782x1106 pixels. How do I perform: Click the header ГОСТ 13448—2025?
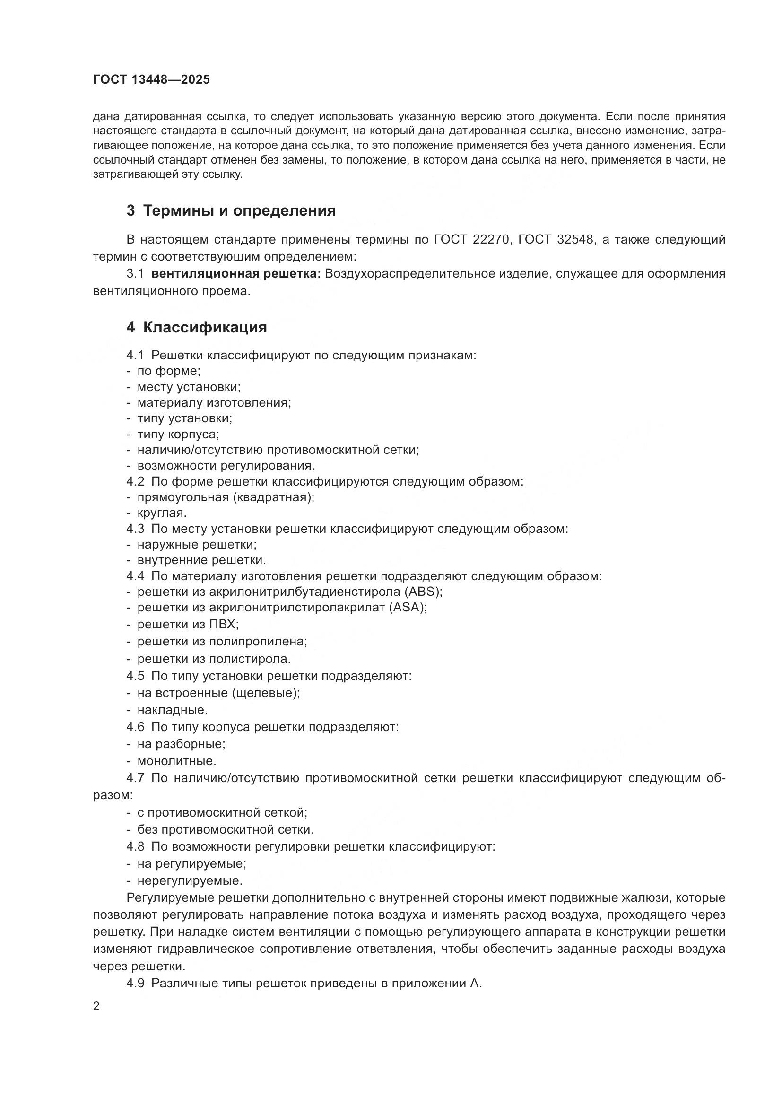151,80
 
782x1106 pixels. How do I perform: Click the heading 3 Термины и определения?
231,210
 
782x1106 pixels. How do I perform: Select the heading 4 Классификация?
197,328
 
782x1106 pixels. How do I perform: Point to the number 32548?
575,239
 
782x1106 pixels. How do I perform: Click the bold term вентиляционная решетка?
236,274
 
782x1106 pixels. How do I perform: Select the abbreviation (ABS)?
423,591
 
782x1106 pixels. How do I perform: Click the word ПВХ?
224,624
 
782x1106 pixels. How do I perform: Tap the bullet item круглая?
162,513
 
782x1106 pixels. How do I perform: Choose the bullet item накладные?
173,710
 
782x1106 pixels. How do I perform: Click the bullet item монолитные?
177,761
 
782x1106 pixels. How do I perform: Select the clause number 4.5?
135,676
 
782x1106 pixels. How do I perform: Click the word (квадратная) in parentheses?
273,496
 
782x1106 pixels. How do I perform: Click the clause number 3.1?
135,274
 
